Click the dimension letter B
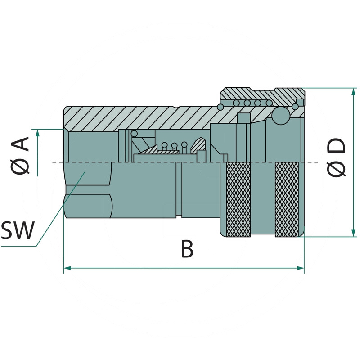[x=187, y=249]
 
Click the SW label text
[x=18, y=231]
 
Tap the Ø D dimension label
[x=337, y=157]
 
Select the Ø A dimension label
[x=21, y=155]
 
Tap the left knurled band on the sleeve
[x=238, y=198]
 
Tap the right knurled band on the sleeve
[x=287, y=198]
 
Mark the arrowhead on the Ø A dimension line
[x=37, y=132]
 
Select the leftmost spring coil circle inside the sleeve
[x=236, y=103]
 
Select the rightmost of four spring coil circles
[x=268, y=103]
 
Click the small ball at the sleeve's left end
[x=220, y=107]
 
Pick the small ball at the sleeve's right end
[x=295, y=106]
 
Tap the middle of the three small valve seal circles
[x=175, y=146]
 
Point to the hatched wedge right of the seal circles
[x=198, y=144]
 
